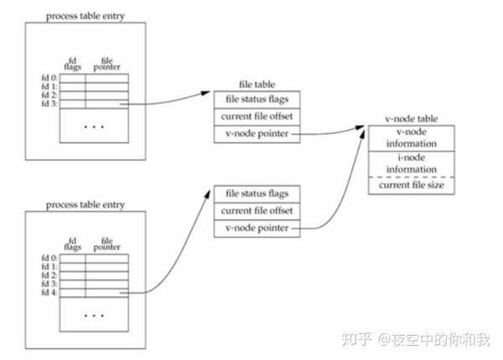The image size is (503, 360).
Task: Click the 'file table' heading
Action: click(x=253, y=87)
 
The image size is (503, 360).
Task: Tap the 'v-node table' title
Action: click(x=410, y=119)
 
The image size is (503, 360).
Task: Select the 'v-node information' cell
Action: click(x=410, y=137)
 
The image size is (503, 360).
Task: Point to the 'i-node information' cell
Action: click(x=410, y=163)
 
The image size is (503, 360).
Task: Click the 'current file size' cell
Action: click(x=410, y=185)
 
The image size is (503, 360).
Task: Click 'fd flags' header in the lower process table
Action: click(x=71, y=244)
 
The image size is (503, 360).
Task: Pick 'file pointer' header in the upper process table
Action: click(x=105, y=64)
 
